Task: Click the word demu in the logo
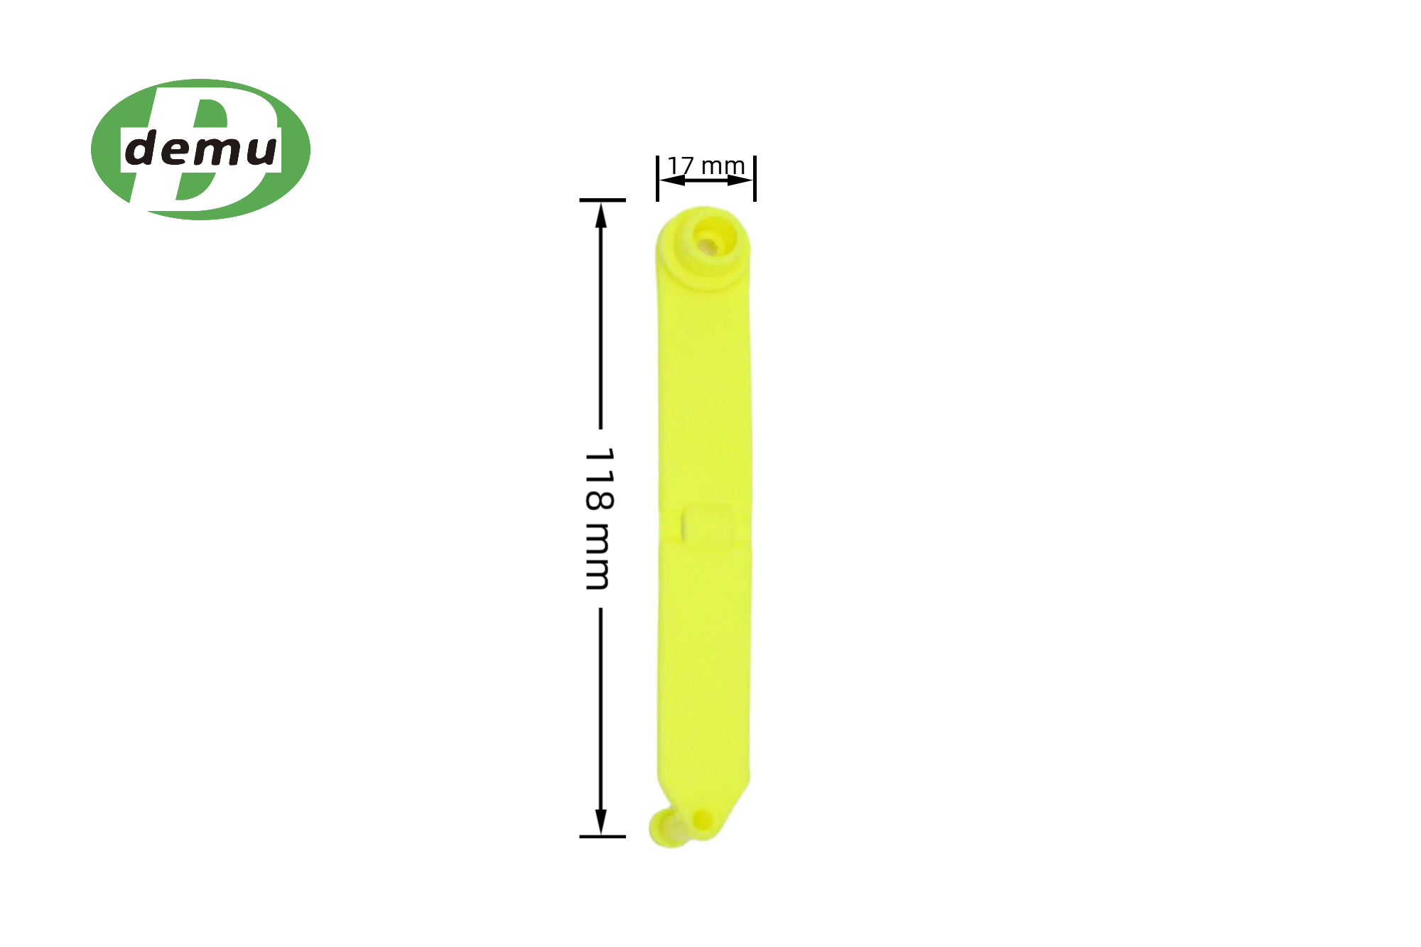(x=201, y=149)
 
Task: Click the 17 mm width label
(x=706, y=166)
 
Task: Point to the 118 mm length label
(x=598, y=519)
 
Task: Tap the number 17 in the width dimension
(x=681, y=166)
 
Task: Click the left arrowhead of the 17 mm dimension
(x=671, y=180)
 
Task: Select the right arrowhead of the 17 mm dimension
(x=740, y=180)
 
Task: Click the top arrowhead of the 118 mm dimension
(x=601, y=215)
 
